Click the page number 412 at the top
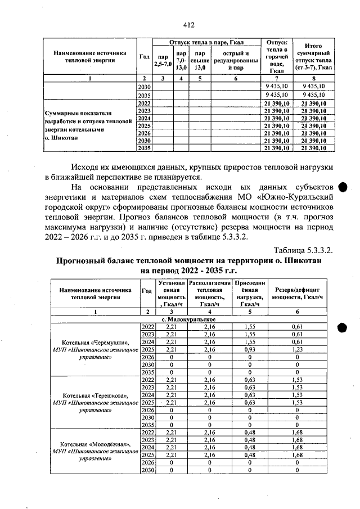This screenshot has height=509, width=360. click(188, 25)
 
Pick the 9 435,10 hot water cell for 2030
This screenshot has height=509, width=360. click(276, 86)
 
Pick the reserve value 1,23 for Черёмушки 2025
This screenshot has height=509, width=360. click(296, 349)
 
